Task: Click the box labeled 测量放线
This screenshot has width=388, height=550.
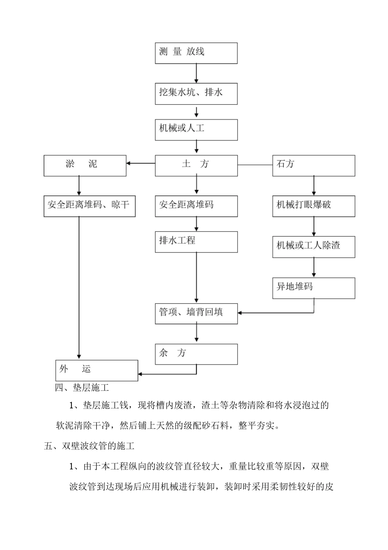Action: [x=196, y=53]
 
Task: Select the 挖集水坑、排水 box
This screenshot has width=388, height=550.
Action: [x=196, y=94]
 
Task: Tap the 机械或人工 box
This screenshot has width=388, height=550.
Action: [x=196, y=130]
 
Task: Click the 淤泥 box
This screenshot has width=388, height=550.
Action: [x=85, y=165]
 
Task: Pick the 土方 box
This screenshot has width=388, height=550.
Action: [x=196, y=165]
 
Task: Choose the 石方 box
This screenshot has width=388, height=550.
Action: [x=314, y=165]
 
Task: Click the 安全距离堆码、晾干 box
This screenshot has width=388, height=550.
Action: [x=89, y=206]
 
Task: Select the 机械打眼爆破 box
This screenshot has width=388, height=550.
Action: [x=314, y=206]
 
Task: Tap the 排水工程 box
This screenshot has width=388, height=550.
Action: [x=196, y=242]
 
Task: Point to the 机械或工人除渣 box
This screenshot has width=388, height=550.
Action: [x=314, y=247]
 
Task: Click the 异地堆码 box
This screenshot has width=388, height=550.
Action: [x=314, y=288]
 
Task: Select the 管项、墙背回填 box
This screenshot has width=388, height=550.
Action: [x=196, y=313]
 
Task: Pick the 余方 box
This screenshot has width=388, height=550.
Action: [x=196, y=354]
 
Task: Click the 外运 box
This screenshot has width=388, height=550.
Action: [x=97, y=370]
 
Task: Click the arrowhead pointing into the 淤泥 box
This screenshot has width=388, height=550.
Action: [x=129, y=164]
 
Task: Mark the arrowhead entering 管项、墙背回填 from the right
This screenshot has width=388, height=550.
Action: [x=240, y=313]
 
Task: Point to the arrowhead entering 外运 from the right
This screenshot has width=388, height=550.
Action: [x=140, y=374]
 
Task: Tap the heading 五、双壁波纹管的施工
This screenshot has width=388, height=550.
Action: [x=89, y=446]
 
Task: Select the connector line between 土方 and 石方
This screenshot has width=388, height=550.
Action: [x=255, y=165]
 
